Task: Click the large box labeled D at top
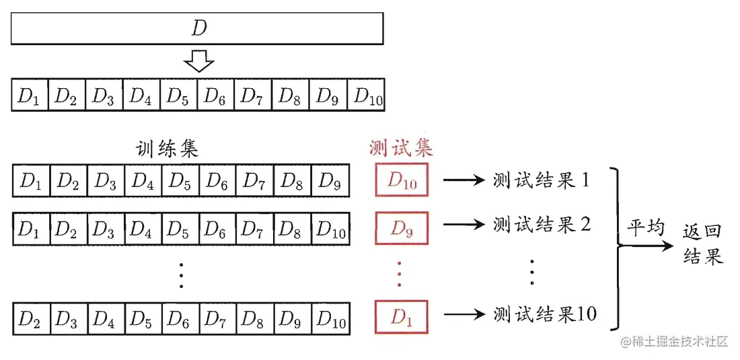[197, 29]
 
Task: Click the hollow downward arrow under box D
[198, 59]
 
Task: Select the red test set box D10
[402, 179]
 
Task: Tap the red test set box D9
[402, 228]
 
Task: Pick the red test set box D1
[402, 316]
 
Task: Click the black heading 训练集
[167, 149]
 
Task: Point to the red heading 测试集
[401, 148]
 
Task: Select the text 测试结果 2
[542, 224]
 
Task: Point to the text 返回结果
[703, 244]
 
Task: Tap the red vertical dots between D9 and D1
[399, 273]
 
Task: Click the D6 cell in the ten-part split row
[216, 95]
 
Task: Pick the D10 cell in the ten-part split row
[366, 95]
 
